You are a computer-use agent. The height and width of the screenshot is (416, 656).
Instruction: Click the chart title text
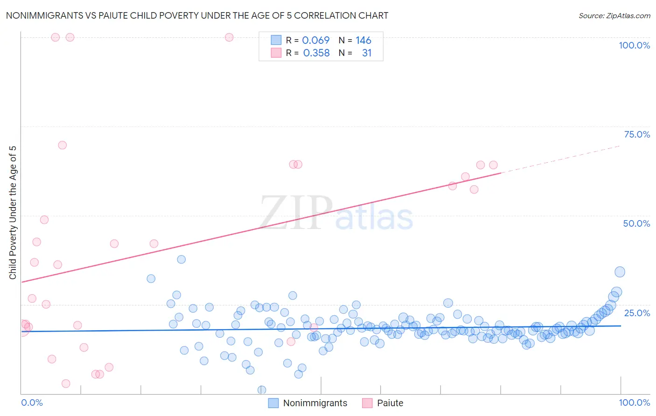coord(197,15)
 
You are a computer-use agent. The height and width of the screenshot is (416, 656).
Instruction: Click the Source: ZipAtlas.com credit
coord(614,15)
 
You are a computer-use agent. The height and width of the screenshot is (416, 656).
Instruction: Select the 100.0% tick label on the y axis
coord(634,45)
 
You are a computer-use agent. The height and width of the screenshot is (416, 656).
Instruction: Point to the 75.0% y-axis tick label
coord(637,134)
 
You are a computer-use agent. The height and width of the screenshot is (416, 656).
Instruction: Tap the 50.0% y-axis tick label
coord(636,223)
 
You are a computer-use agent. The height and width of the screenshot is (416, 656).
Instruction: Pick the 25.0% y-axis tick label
coord(637,312)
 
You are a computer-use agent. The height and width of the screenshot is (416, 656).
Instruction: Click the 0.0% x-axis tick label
coord(32,402)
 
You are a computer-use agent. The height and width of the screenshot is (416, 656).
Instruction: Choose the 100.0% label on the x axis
coord(634,402)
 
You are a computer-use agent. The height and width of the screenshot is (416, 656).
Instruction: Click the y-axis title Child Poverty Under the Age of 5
coord(13,212)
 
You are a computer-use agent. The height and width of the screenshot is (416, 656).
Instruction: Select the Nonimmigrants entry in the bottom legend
coord(315,403)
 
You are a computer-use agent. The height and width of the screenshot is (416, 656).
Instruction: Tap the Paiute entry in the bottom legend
coord(390,403)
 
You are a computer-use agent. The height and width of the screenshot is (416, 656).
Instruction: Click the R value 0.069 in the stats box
coord(316,41)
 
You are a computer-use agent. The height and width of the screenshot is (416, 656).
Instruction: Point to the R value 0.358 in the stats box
coord(316,53)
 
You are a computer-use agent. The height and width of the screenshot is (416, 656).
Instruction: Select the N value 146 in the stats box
coord(363,41)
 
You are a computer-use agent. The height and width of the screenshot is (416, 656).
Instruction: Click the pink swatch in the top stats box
coord(276,53)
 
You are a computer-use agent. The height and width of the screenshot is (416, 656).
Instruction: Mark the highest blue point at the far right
coord(620,272)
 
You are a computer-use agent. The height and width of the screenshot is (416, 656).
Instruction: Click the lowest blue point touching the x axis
coord(262,390)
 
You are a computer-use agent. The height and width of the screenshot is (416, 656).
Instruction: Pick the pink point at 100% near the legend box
coord(229,37)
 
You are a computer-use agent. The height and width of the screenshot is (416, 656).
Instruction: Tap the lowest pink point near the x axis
coord(66,383)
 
